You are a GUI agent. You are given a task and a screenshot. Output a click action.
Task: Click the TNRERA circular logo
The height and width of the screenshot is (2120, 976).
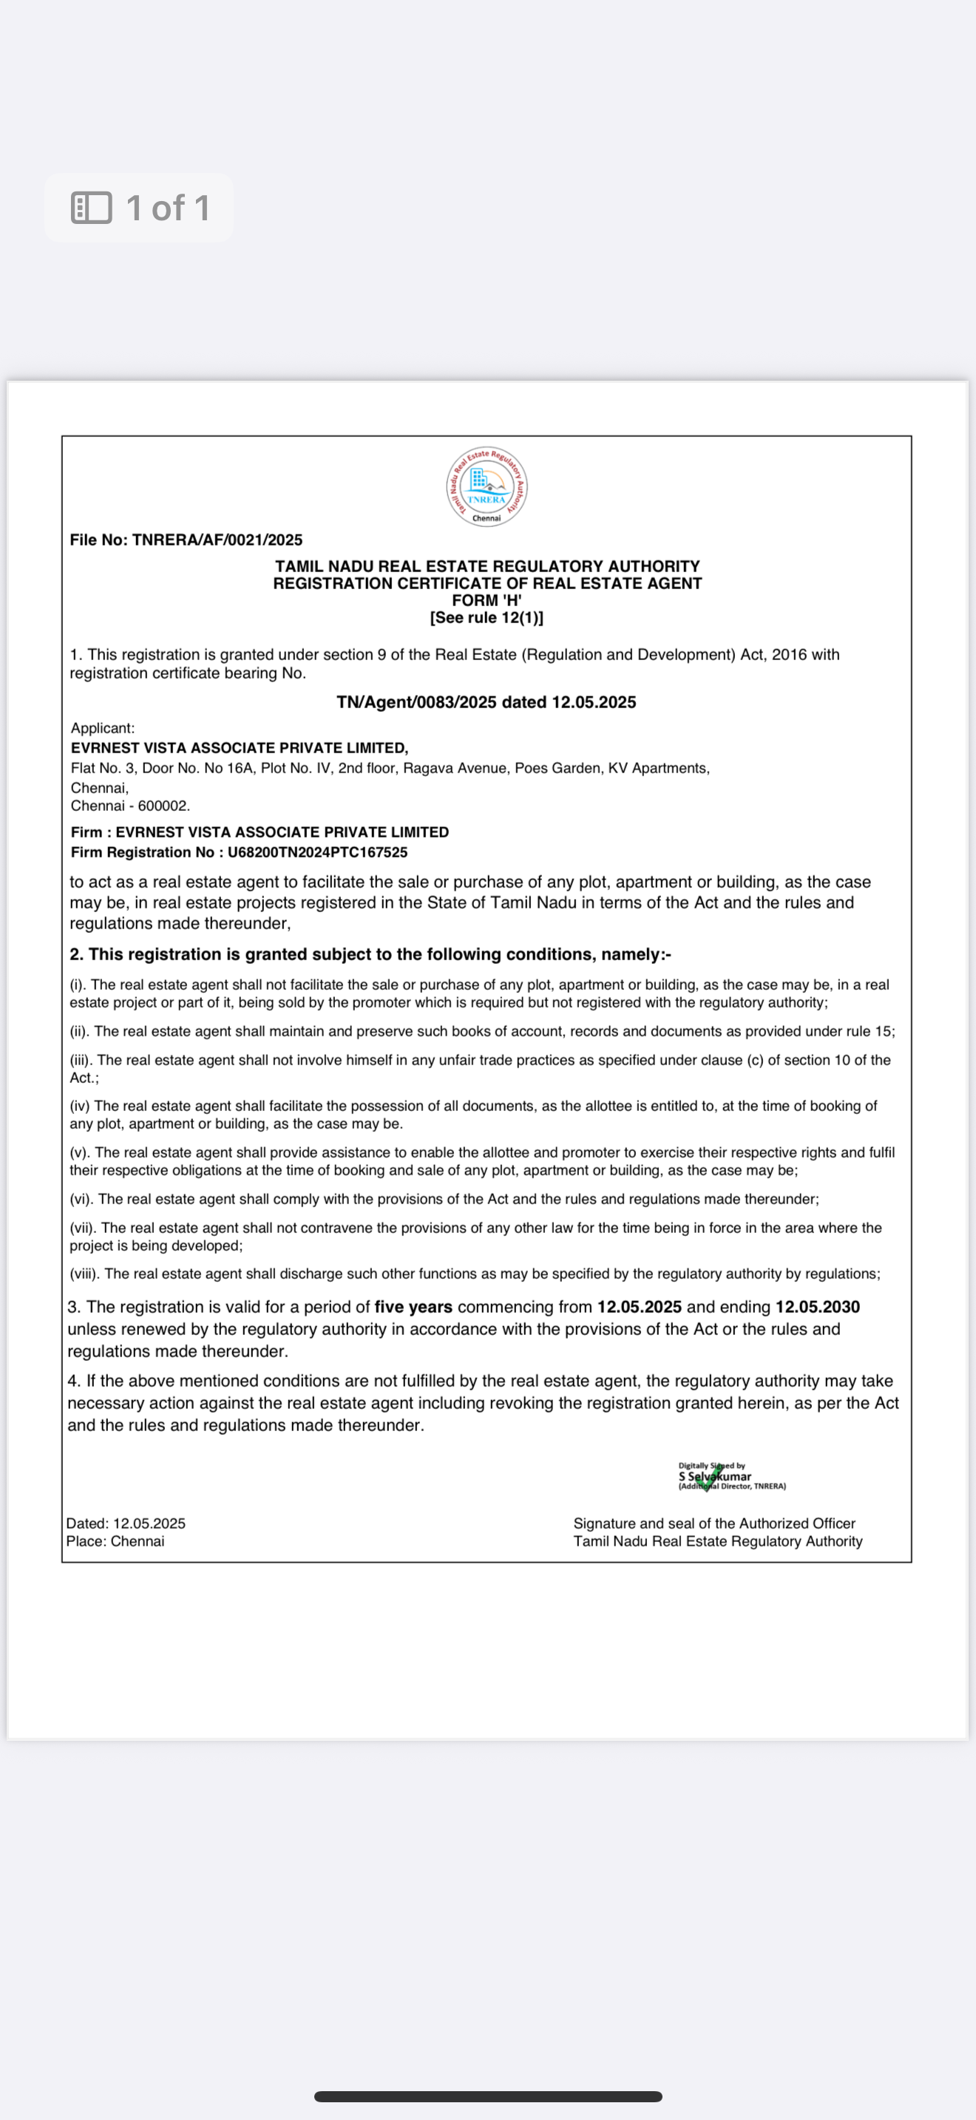[487, 486]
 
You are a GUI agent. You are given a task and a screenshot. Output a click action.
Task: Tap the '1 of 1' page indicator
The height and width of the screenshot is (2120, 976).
[168, 208]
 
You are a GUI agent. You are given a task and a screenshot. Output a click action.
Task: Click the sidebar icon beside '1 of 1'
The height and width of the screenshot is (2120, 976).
[92, 208]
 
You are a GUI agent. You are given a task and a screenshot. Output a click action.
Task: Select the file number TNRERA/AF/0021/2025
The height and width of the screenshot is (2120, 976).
[217, 540]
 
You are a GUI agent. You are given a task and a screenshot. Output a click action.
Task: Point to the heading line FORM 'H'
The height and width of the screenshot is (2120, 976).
[487, 601]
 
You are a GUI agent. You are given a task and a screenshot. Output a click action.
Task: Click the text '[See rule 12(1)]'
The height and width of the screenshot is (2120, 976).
[487, 618]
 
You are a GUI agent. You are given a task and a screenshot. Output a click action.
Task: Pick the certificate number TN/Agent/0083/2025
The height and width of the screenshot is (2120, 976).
[416, 702]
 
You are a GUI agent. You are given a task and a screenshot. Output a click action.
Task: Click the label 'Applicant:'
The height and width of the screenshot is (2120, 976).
[103, 728]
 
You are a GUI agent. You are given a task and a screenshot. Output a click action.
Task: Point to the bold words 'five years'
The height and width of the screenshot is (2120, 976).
[413, 1307]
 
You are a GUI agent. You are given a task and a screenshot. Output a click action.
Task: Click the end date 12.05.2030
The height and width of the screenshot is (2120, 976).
[817, 1307]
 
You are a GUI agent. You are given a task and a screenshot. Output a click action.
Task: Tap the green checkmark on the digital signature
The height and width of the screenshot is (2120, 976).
[708, 1478]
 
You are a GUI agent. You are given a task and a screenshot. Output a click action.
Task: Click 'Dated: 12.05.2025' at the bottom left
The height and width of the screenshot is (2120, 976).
[126, 1523]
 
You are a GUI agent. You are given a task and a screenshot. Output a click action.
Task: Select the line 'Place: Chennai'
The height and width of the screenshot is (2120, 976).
[115, 1541]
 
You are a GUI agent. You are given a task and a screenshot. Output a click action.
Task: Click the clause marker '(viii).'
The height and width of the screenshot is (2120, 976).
[85, 1274]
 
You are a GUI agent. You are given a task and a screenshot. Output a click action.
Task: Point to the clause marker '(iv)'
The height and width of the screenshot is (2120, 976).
[80, 1106]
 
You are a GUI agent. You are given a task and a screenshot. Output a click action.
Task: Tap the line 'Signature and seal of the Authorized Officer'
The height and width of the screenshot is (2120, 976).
[714, 1523]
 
